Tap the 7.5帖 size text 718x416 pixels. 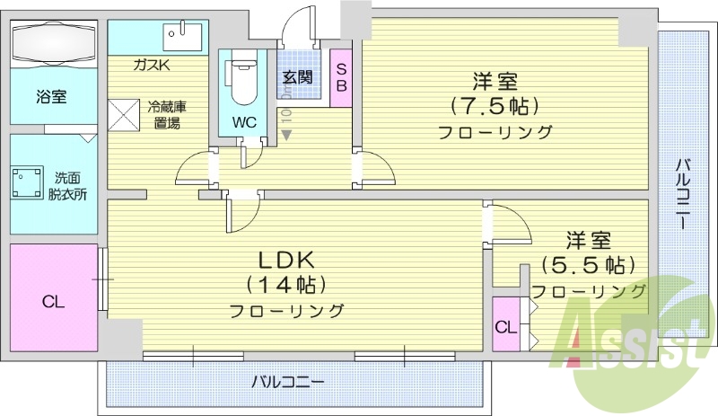point(495,106)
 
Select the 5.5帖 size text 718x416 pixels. point(588,266)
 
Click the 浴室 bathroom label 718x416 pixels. point(51,96)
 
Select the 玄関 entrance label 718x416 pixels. point(297,77)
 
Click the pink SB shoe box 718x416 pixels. point(341,78)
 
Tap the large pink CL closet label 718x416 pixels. point(54,302)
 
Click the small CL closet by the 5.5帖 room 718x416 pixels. point(505,327)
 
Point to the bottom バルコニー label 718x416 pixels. point(287,381)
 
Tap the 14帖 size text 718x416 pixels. point(286,285)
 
